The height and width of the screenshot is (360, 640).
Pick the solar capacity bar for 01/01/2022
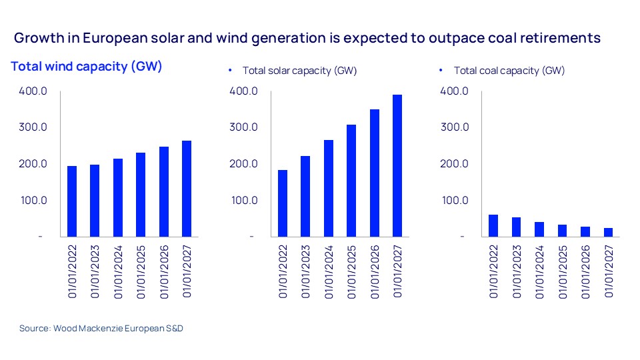tap(283, 203)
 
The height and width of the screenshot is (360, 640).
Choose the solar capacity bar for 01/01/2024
tap(329, 188)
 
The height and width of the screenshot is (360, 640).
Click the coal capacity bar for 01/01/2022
tap(493, 225)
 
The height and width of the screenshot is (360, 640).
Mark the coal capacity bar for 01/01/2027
tap(608, 232)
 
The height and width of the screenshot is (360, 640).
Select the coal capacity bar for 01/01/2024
tap(539, 229)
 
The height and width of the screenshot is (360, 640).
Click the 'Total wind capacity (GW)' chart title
tap(87, 67)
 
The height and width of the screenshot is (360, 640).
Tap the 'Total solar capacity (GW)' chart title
tap(299, 71)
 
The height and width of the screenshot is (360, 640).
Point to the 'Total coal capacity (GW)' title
tap(509, 71)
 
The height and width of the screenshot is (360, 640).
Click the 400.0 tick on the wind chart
tap(33, 91)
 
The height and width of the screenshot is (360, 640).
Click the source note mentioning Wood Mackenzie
tap(101, 329)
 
